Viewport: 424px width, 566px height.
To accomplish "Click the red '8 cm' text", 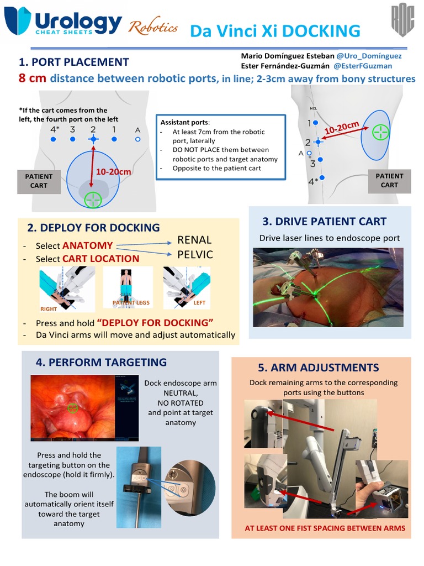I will (x=32, y=78).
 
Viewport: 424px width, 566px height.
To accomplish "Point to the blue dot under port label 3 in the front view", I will (x=72, y=140).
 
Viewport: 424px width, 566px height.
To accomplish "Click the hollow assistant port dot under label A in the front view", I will (x=137, y=140).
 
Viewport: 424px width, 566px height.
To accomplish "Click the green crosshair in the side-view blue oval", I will (x=380, y=132).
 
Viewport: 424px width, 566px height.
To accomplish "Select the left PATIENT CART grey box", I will (x=39, y=181).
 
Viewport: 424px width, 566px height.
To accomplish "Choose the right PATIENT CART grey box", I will (x=389, y=181).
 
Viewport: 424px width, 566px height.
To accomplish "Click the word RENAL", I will (x=194, y=240).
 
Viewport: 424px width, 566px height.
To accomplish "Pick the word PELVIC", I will (x=194, y=255).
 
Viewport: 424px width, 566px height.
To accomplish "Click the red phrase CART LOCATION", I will (x=100, y=259).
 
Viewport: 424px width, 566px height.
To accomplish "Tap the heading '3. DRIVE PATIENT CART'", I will (x=324, y=222).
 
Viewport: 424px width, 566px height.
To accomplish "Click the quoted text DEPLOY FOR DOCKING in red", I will (x=155, y=323).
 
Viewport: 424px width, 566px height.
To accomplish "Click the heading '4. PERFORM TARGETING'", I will (x=101, y=363).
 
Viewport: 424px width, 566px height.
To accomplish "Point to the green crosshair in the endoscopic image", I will (x=72, y=408).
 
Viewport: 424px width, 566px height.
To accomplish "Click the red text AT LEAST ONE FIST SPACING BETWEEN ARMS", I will (x=325, y=528).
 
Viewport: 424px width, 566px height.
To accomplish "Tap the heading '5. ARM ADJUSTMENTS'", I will (x=318, y=368).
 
